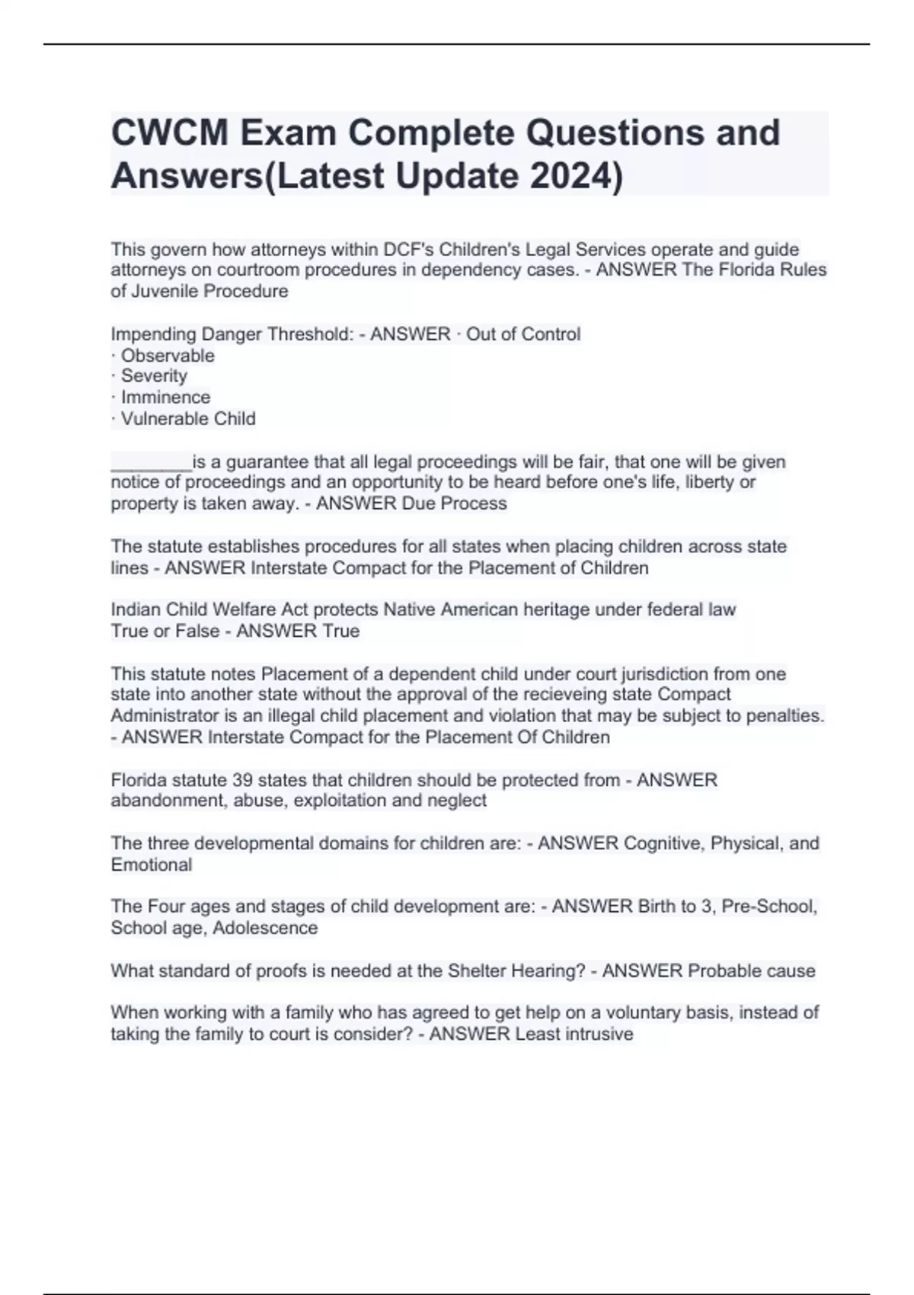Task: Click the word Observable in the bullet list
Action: [x=168, y=356]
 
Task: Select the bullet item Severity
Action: [x=154, y=376]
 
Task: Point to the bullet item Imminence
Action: [x=165, y=397]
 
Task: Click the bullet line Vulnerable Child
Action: [x=188, y=418]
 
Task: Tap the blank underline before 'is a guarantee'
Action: [x=151, y=463]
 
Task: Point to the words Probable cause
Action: [x=751, y=970]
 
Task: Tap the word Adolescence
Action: [x=265, y=928]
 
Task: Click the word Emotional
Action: [x=152, y=865]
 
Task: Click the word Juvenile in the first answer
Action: [x=165, y=291]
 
